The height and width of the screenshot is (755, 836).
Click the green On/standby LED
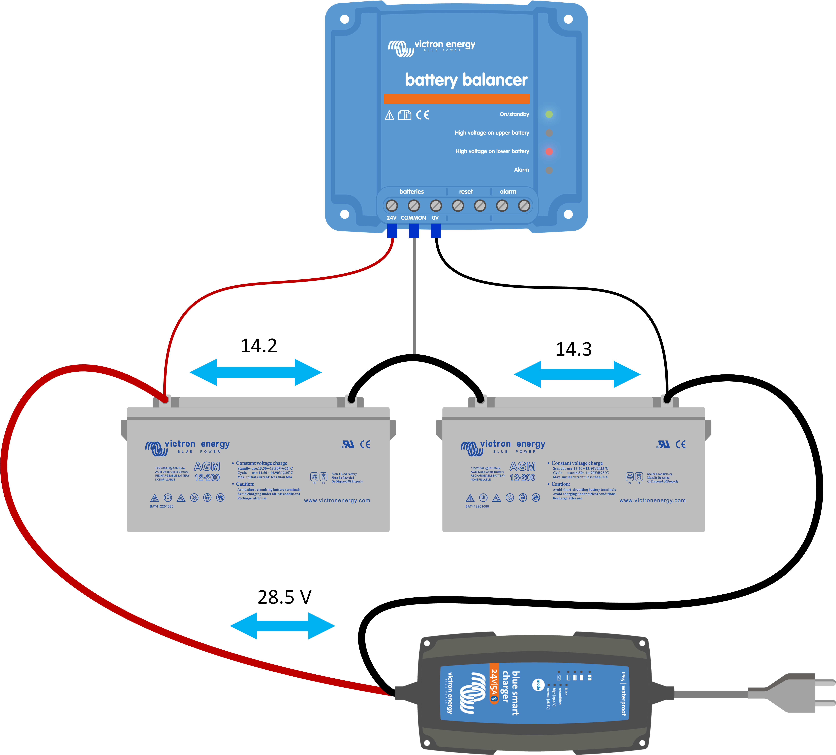549,114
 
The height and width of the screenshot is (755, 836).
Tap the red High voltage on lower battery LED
549,152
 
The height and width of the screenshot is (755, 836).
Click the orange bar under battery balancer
456,99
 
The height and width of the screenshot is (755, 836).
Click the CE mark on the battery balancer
423,115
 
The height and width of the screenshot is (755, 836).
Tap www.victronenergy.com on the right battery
652,501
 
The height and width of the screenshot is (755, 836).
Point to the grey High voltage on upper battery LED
549,133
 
